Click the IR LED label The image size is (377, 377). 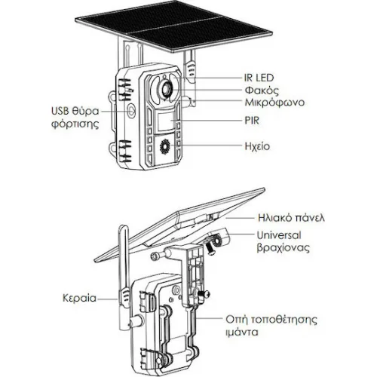tap(259, 78)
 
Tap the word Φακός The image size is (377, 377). tap(262, 90)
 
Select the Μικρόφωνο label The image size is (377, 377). tap(274, 103)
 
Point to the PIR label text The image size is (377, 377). tap(252, 121)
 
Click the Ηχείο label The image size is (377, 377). tap(257, 146)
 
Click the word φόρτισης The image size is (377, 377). tap(75, 124)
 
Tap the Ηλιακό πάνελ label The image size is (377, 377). tap(291, 218)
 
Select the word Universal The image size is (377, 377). tap(279, 235)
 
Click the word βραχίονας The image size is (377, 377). tap(283, 248)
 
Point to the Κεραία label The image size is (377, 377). tap(79, 299)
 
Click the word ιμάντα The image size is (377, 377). tap(242, 333)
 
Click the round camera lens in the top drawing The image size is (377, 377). tap(166, 88)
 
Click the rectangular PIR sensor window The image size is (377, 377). tap(166, 121)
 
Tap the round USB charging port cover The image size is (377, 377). tap(131, 110)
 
